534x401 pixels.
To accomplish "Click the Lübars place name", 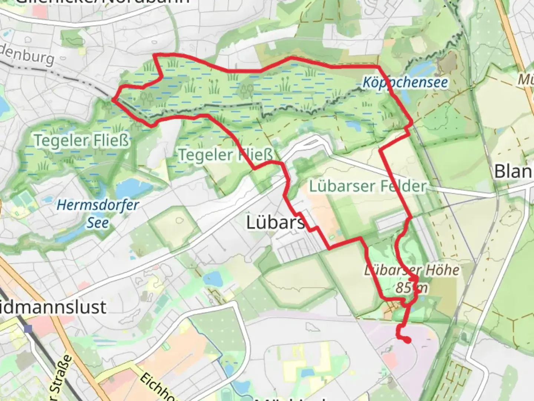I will (275, 222).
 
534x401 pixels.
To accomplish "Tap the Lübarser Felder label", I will (367, 186).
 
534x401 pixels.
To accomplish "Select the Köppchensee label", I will (405, 82).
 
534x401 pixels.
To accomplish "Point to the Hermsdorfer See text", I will (98, 214).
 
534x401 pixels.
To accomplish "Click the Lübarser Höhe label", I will (412, 270).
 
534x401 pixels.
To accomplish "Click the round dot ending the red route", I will (407, 340).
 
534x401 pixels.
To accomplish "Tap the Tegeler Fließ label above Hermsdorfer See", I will (82, 140).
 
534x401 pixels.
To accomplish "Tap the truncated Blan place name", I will (514, 172).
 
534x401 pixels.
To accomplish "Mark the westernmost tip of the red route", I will (112, 99).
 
